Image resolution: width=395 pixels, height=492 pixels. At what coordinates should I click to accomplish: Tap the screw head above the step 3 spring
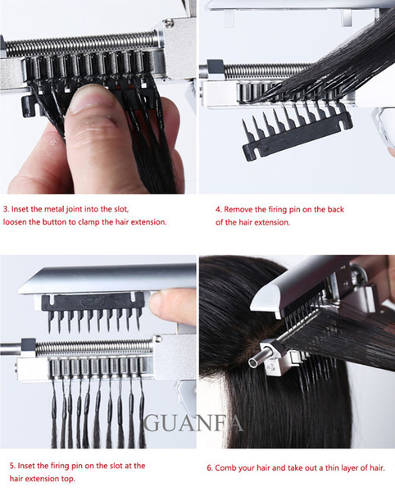[x=169, y=23]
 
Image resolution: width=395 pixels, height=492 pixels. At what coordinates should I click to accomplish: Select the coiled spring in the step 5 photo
[x=93, y=347]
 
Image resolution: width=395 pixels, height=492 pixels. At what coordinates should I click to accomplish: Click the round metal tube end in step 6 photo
[x=255, y=362]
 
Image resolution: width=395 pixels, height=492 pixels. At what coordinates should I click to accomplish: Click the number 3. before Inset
[x=7, y=209]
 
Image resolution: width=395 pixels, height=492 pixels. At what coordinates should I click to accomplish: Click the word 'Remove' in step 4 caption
[x=240, y=209]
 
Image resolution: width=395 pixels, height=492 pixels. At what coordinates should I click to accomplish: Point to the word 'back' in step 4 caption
[x=335, y=209]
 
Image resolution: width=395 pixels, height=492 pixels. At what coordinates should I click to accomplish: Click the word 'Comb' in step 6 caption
[x=225, y=468]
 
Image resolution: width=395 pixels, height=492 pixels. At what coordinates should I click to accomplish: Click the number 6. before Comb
[x=210, y=468]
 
